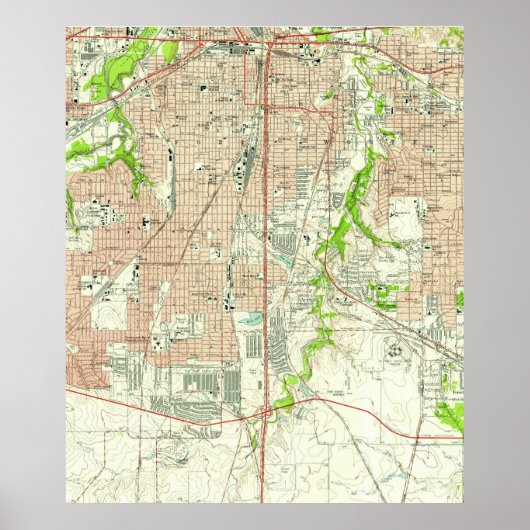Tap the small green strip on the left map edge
tap(69, 205)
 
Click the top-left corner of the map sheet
tap(67, 27)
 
